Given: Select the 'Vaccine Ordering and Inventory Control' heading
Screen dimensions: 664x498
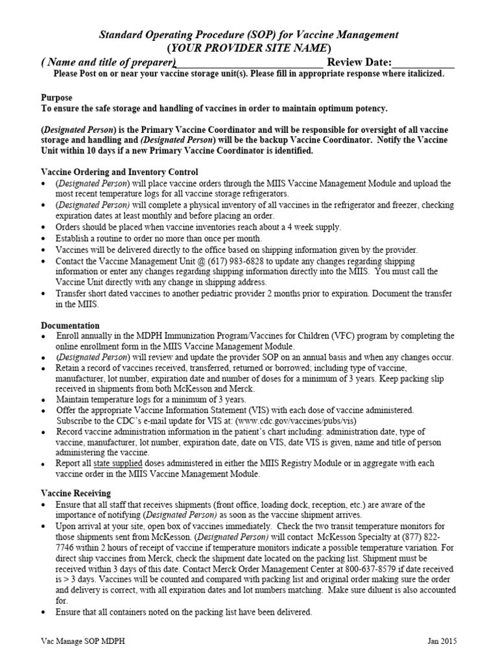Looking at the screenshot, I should pyautogui.click(x=119, y=172).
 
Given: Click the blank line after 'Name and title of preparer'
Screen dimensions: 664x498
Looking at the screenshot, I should pyautogui.click(x=250, y=63).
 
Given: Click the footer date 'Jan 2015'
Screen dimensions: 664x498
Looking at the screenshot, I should pyautogui.click(x=442, y=641).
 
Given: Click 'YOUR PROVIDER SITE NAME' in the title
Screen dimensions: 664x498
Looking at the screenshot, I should pyautogui.click(x=249, y=49).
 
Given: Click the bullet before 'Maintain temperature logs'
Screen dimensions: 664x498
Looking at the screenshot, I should pyautogui.click(x=43, y=400).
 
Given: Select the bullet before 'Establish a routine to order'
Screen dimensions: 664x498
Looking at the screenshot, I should pyautogui.click(x=43, y=239).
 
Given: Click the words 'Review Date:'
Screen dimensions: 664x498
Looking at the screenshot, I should pyautogui.click(x=359, y=63).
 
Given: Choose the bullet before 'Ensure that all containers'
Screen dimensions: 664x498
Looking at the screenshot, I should pyautogui.click(x=43, y=612).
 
